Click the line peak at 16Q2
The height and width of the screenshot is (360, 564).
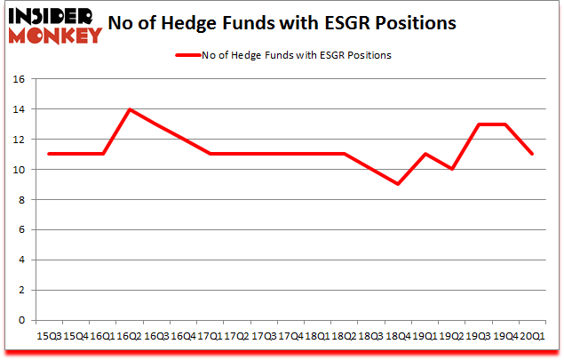(130, 109)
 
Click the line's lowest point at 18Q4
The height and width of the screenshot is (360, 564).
(399, 184)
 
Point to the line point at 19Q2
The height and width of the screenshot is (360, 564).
(452, 169)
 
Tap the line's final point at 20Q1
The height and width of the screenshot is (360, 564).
(533, 154)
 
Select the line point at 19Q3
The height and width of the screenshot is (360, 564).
(480, 124)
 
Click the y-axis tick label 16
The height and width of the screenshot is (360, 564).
(20, 79)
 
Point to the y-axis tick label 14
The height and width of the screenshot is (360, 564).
(20, 109)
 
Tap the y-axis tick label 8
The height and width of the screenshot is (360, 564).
(23, 199)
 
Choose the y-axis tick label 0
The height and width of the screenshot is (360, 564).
(23, 320)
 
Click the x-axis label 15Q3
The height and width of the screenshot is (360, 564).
(49, 336)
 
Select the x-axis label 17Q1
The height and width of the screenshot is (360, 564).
(211, 336)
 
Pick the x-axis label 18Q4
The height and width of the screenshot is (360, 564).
(399, 336)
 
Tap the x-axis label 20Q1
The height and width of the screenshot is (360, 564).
(533, 336)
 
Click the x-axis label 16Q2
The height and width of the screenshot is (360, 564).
(130, 336)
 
